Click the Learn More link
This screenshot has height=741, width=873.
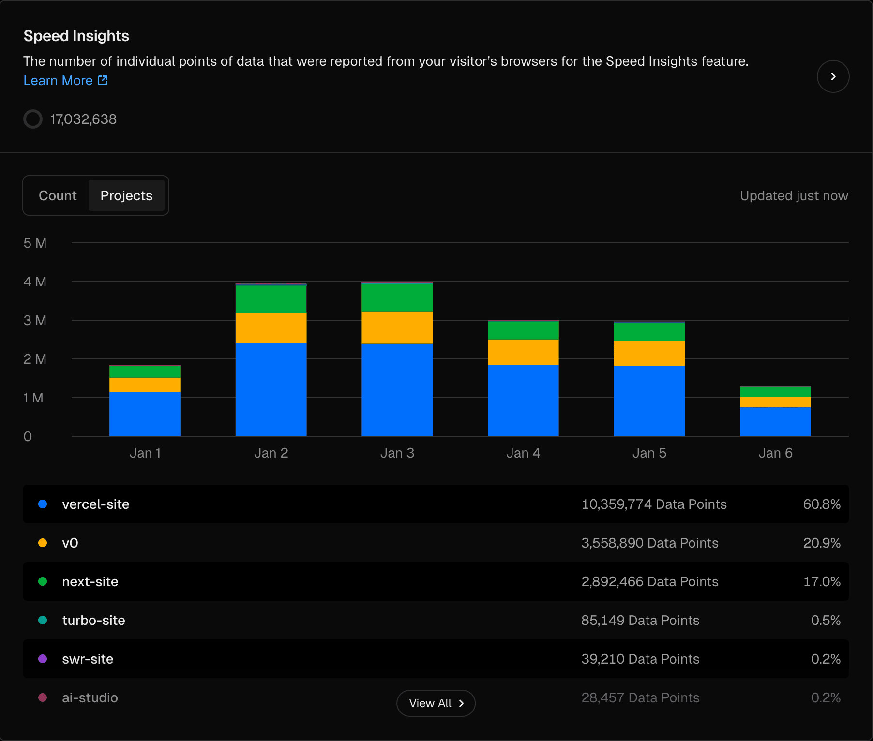(65, 81)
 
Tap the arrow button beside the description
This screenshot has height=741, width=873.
(832, 76)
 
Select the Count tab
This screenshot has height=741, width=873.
(58, 195)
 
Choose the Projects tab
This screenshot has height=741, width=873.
(126, 195)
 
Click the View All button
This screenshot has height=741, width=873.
(436, 703)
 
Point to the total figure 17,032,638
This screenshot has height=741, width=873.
(83, 119)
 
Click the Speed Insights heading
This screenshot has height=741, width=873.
(76, 36)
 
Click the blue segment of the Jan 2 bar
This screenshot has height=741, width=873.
(271, 389)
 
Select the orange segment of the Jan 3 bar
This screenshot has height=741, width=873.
(397, 327)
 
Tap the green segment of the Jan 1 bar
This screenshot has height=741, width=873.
(145, 371)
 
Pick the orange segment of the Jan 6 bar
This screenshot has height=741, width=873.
(775, 402)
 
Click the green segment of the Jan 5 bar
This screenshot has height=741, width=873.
(649, 332)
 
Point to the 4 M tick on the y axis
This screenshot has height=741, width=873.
(35, 282)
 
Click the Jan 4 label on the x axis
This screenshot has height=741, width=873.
(523, 453)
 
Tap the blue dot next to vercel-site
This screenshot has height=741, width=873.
(43, 504)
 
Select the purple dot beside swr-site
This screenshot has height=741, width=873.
(43, 659)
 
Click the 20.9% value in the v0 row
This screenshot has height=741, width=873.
(821, 543)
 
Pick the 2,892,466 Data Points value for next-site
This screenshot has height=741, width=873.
(649, 581)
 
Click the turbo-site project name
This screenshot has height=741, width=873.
(93, 620)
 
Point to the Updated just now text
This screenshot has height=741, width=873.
(794, 195)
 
